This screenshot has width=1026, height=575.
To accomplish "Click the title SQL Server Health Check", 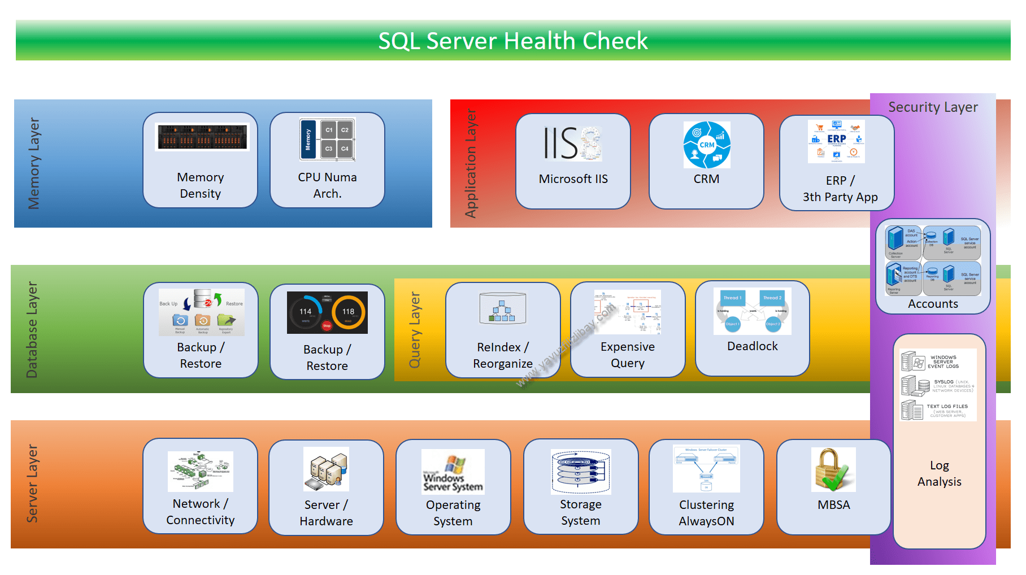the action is tap(512, 41).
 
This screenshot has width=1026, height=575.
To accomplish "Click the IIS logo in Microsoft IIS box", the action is tap(572, 143).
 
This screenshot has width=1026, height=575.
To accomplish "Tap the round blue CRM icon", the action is tap(706, 145).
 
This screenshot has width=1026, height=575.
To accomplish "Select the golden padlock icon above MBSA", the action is tap(832, 469).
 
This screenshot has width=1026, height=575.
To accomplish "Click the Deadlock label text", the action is tap(752, 346).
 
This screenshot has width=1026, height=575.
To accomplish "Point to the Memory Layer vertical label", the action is tap(34, 163).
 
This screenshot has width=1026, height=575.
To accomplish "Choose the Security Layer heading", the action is tap(933, 107).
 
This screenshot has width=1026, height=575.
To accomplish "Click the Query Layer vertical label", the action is tap(415, 330).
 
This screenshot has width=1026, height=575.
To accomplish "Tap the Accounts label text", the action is tap(933, 304).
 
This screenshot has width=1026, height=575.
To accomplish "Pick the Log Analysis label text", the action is tap(939, 473).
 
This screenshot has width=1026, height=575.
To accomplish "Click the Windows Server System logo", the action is tap(453, 472).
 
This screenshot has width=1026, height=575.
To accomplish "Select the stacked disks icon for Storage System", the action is tap(580, 472).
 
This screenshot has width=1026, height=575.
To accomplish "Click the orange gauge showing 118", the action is tap(348, 312).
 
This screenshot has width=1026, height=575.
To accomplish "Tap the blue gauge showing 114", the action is tap(306, 312).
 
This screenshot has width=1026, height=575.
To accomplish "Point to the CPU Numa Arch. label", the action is tap(327, 185).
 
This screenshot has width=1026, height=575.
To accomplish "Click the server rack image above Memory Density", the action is tap(202, 137).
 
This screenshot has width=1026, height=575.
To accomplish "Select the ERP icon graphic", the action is tap(836, 141).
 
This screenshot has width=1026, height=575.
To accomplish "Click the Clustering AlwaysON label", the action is tap(706, 513).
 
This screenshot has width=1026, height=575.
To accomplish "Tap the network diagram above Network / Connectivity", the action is tap(200, 471).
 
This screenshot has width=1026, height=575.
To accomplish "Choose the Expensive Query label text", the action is tap(627, 355).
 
